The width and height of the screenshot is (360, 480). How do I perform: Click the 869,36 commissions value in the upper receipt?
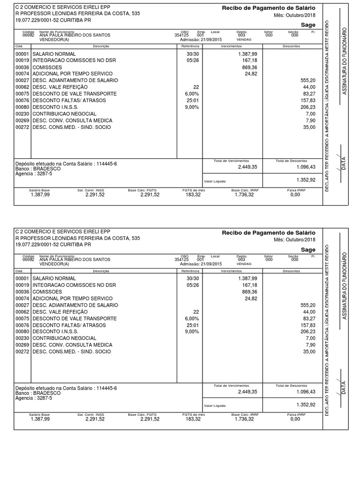[248, 67]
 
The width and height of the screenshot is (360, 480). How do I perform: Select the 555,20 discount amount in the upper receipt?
[308, 81]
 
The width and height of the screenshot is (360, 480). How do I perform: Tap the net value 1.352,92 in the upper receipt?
[306, 180]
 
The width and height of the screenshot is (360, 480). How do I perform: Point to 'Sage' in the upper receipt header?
[308, 24]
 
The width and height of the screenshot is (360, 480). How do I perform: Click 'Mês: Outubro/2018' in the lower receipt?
[294, 240]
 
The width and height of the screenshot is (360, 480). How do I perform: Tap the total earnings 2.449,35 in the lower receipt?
[247, 391]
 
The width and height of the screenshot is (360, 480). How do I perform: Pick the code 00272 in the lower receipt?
[22, 352]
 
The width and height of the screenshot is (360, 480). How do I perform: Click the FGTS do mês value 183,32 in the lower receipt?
[193, 419]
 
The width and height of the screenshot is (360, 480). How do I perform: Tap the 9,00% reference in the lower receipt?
[192, 332]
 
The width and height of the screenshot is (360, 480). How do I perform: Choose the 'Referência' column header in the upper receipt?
[190, 46]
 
